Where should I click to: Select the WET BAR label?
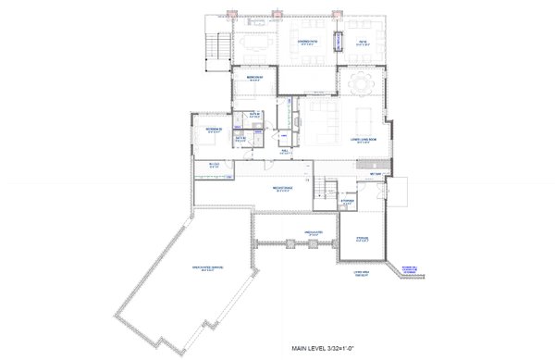click(x=376, y=173)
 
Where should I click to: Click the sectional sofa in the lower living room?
click(x=320, y=118)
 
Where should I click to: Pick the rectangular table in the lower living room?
click(x=361, y=118)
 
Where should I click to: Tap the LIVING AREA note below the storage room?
click(x=359, y=272)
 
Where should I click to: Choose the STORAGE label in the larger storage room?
click(x=362, y=238)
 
